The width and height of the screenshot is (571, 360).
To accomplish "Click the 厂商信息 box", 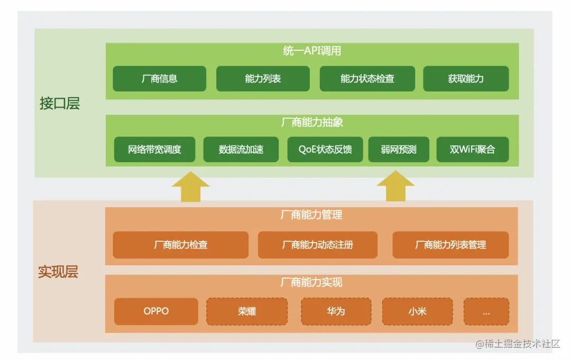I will point(159,79).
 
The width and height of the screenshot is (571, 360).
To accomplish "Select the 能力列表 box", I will point(263,79).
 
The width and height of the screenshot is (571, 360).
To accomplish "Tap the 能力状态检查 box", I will point(367,79).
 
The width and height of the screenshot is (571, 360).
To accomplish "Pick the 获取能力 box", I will point(466,79).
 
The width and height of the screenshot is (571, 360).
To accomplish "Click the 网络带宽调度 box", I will point(154,150).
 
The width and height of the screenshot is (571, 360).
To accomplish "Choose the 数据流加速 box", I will point(241,150).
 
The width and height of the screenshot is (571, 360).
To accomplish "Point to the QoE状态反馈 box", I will point(325,150).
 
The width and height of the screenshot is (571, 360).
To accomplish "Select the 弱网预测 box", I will point(398,150).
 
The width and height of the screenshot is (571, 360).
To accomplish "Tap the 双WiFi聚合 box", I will point(472,150).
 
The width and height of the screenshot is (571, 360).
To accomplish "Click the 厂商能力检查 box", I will point(180,245).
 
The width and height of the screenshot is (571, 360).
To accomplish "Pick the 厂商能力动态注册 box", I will point(317,245).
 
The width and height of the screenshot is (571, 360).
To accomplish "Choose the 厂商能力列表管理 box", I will point(450,245).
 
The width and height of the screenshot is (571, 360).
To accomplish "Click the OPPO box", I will point(156,311).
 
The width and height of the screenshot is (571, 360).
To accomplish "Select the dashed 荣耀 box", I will point(247,311).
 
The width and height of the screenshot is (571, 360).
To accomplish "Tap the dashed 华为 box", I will point(336,311).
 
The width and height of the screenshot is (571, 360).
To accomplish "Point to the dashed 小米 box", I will point(417,311).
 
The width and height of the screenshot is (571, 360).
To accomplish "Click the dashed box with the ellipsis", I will point(486,311).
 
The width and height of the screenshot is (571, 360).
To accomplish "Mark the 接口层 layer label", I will point(60,104).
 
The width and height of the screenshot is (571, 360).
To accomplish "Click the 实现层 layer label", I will point(58,272).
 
